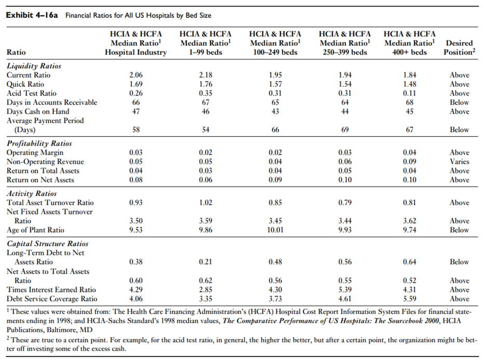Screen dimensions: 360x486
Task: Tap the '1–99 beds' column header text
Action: point(205,52)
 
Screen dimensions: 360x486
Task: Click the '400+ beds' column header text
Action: point(410,52)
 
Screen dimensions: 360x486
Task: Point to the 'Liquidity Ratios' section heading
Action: point(34,66)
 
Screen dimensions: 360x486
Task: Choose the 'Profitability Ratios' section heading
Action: point(39,143)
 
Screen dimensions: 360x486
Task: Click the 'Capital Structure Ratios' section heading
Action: point(47,244)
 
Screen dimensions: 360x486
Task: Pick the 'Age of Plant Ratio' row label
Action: point(35,230)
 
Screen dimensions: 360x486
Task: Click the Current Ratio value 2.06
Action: point(136,75)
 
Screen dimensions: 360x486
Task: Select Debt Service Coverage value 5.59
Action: point(410,299)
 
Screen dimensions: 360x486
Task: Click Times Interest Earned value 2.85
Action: point(205,290)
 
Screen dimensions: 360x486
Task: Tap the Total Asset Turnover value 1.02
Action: point(205,203)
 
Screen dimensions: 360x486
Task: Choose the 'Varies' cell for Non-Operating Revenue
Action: point(459,162)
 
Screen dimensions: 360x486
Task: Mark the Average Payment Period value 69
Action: point(344,130)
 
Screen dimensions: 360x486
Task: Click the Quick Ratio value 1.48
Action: point(410,84)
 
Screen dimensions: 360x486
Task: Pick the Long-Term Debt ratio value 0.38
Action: point(136,262)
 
